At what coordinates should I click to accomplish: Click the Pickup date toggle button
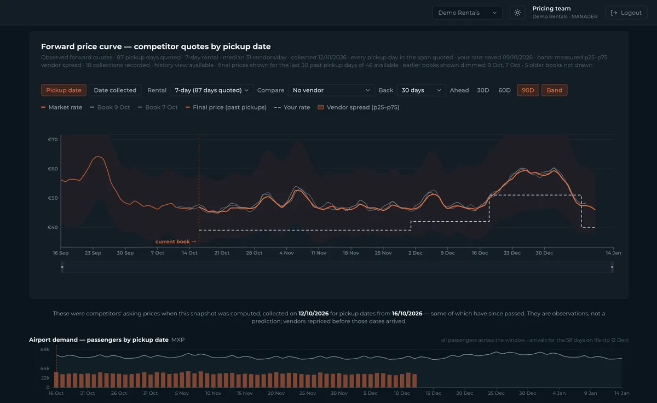(x=64, y=90)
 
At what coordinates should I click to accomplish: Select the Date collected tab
(x=115, y=90)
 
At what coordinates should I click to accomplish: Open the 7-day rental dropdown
(x=211, y=90)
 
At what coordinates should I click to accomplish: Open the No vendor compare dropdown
(x=331, y=90)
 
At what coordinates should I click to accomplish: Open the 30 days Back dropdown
(x=421, y=90)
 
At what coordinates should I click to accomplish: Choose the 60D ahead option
(x=504, y=90)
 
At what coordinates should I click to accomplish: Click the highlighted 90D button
(x=528, y=90)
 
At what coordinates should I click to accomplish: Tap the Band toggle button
(x=554, y=90)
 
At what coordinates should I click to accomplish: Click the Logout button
(x=626, y=13)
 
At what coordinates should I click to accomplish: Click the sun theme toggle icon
(x=517, y=13)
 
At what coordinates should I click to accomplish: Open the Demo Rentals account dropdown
(x=467, y=13)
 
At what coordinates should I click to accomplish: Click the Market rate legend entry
(x=61, y=107)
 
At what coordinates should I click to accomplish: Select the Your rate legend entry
(x=292, y=107)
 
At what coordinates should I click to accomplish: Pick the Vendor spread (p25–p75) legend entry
(x=359, y=107)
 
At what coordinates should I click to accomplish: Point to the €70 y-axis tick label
(x=53, y=140)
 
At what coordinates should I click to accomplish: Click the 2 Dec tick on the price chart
(x=416, y=253)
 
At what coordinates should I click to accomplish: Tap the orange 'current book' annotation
(x=175, y=241)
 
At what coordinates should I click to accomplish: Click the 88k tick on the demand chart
(x=45, y=349)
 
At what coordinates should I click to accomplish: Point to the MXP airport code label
(x=178, y=339)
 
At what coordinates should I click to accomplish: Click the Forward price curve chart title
(x=155, y=47)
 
